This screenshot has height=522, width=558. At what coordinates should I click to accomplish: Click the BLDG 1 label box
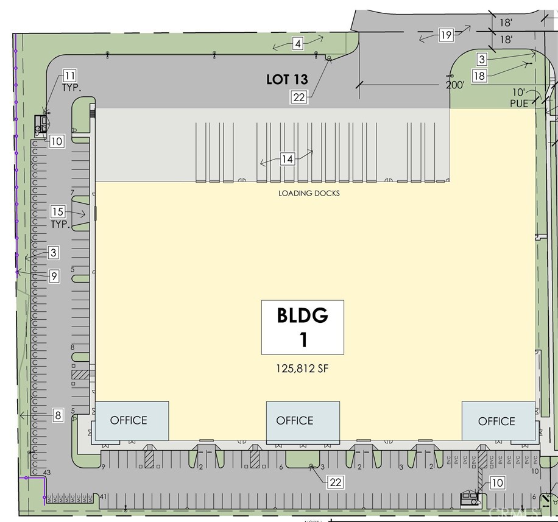coord(303,327)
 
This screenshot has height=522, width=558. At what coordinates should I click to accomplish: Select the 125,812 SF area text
coord(303,369)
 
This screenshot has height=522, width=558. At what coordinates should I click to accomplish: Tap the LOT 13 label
coord(287,79)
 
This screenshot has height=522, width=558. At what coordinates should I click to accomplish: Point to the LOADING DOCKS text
coord(309,193)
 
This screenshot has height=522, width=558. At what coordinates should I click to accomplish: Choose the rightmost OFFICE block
coord(497,420)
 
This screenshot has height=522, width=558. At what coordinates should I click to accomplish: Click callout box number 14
coord(288,160)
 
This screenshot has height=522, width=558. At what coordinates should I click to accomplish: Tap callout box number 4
coord(297,44)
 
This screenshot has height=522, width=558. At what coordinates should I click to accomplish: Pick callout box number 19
coord(446,35)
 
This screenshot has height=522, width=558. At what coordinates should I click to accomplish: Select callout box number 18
coord(479,76)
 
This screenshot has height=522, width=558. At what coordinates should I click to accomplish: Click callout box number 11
coord(69,76)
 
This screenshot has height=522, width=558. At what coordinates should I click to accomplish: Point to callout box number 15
coord(57,212)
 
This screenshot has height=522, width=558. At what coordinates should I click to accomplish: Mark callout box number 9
coord(54,276)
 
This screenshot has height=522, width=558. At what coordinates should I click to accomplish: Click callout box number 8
coord(58,415)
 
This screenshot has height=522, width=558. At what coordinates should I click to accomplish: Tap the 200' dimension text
coord(454,85)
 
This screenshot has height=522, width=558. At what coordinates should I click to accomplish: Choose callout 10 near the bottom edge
coord(497,483)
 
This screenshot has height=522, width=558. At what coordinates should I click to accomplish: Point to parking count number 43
coord(46,473)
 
